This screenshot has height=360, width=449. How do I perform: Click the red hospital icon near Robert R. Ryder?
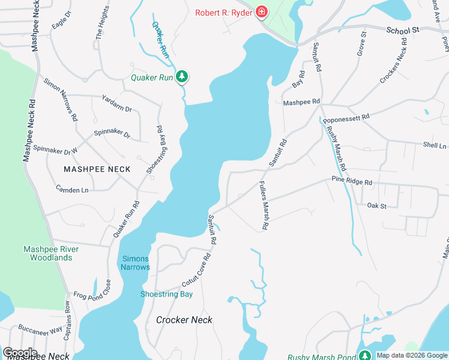262,11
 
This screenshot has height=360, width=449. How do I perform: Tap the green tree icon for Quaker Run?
181,77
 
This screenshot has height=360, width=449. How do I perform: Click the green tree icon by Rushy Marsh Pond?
364,356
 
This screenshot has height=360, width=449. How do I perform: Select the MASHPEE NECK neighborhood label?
97,169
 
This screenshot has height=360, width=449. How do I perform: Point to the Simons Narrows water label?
136,263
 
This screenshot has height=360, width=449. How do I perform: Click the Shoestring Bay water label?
166,294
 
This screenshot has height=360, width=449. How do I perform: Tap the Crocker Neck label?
184,320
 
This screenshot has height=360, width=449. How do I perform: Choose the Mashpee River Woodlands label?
47,253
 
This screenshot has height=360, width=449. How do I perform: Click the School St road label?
402,29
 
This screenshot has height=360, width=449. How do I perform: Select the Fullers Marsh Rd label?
262,206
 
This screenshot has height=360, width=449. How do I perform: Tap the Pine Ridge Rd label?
352,181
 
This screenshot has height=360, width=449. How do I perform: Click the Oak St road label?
376,206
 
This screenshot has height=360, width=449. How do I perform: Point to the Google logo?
19,353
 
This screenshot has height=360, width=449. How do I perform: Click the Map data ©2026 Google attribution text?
411,355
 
